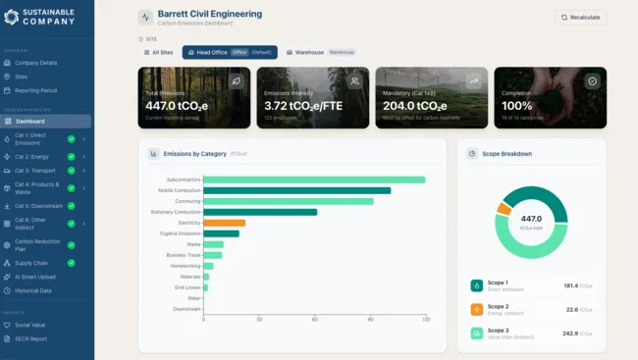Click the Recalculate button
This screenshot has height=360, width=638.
(580, 18)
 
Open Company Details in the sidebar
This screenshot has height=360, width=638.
(35, 62)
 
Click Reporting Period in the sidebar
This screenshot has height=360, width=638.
(36, 89)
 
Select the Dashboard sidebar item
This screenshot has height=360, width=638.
(29, 122)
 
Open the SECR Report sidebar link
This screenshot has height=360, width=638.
(31, 338)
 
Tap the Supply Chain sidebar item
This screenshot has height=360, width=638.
(31, 263)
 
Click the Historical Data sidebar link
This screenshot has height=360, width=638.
(33, 290)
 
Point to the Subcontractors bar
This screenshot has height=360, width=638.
(314, 180)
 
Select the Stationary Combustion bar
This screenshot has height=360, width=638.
(260, 212)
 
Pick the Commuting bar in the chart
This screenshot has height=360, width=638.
(288, 201)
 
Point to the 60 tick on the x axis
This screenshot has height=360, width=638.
(314, 320)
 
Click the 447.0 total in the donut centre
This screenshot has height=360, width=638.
(531, 219)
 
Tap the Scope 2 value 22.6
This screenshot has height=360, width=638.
(571, 309)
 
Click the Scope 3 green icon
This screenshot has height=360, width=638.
(476, 334)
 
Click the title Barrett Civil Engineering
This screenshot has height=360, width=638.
(209, 15)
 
